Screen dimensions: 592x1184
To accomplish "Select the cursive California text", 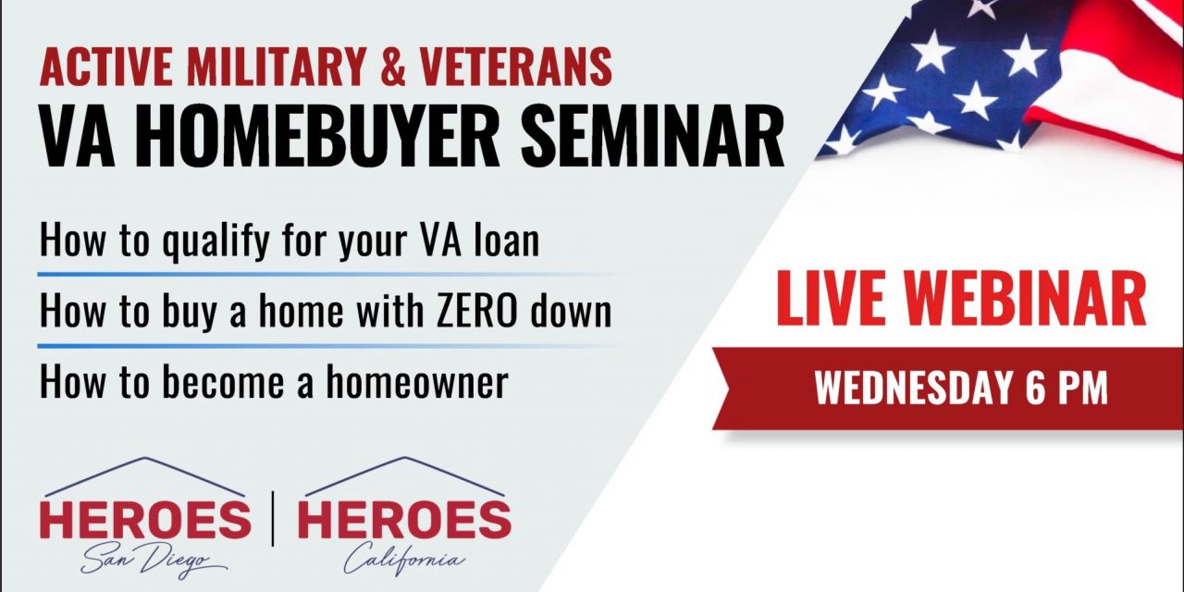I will tap(403, 560).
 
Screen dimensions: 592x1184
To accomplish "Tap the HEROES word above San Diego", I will tap(145, 521).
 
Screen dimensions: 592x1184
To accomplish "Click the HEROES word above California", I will tap(403, 521).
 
